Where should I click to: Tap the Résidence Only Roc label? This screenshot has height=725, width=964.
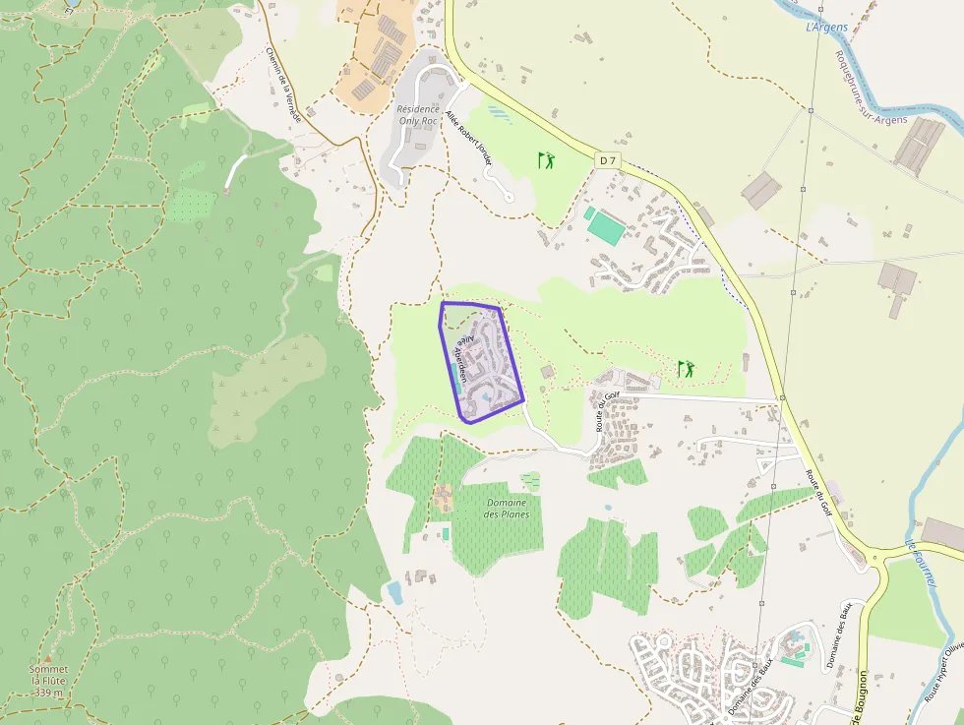click(419, 115)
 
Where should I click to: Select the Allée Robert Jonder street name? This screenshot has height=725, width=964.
click(469, 137)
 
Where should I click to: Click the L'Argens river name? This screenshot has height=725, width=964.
click(826, 27)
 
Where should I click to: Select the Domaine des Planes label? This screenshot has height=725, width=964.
click(508, 509)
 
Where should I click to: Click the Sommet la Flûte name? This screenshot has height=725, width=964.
click(48, 675)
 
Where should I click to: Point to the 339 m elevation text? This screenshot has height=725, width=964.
click(48, 693)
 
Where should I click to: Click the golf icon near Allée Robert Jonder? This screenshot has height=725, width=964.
click(546, 158)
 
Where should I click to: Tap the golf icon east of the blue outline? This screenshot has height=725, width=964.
click(686, 369)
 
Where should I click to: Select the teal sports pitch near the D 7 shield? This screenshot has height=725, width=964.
click(606, 229)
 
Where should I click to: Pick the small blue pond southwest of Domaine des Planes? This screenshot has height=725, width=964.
click(395, 592)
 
